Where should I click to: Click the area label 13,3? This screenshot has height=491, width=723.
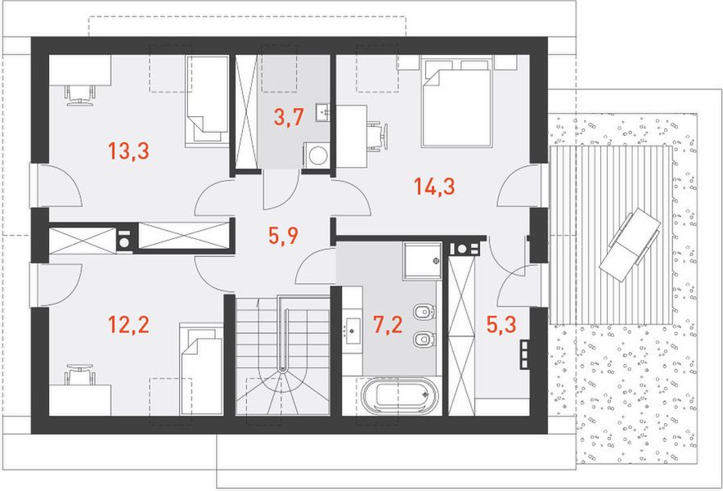pyautogui.click(x=128, y=151)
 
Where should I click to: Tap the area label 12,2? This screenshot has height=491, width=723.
pyautogui.click(x=128, y=324)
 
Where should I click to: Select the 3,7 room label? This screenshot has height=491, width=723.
pyautogui.click(x=289, y=117)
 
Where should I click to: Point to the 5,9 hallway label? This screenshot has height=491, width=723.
pyautogui.click(x=284, y=236)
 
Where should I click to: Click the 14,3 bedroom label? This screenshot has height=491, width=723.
pyautogui.click(x=435, y=187)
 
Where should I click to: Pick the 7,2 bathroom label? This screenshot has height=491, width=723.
pyautogui.click(x=388, y=324)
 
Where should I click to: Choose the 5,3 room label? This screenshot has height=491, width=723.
pyautogui.click(x=501, y=324)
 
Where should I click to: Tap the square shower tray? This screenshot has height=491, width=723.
pyautogui.click(x=422, y=260)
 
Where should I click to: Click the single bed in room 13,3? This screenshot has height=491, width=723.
pyautogui.click(x=207, y=101)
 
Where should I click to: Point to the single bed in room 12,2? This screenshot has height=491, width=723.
pyautogui.click(x=201, y=369)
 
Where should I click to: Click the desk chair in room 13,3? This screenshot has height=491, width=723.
pyautogui.click(x=80, y=96)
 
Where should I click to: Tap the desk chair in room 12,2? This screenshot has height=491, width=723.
pyautogui.click(x=80, y=375)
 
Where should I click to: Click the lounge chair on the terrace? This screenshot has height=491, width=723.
pyautogui.click(x=630, y=244)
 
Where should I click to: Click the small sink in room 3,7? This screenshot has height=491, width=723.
pyautogui.click(x=323, y=112)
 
